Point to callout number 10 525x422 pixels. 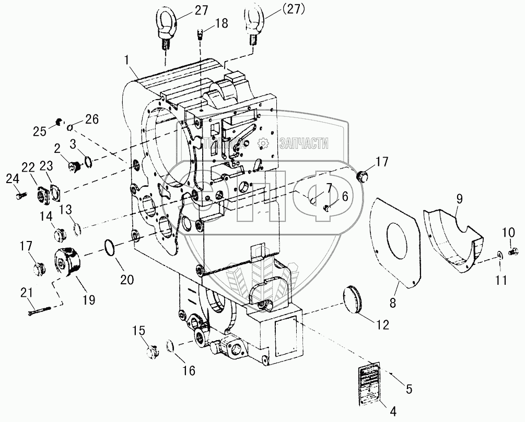pos(508,231)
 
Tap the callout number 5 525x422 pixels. pos(409,388)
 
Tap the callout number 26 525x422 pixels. pos(91,119)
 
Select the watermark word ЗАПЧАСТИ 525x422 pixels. pos(304,144)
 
